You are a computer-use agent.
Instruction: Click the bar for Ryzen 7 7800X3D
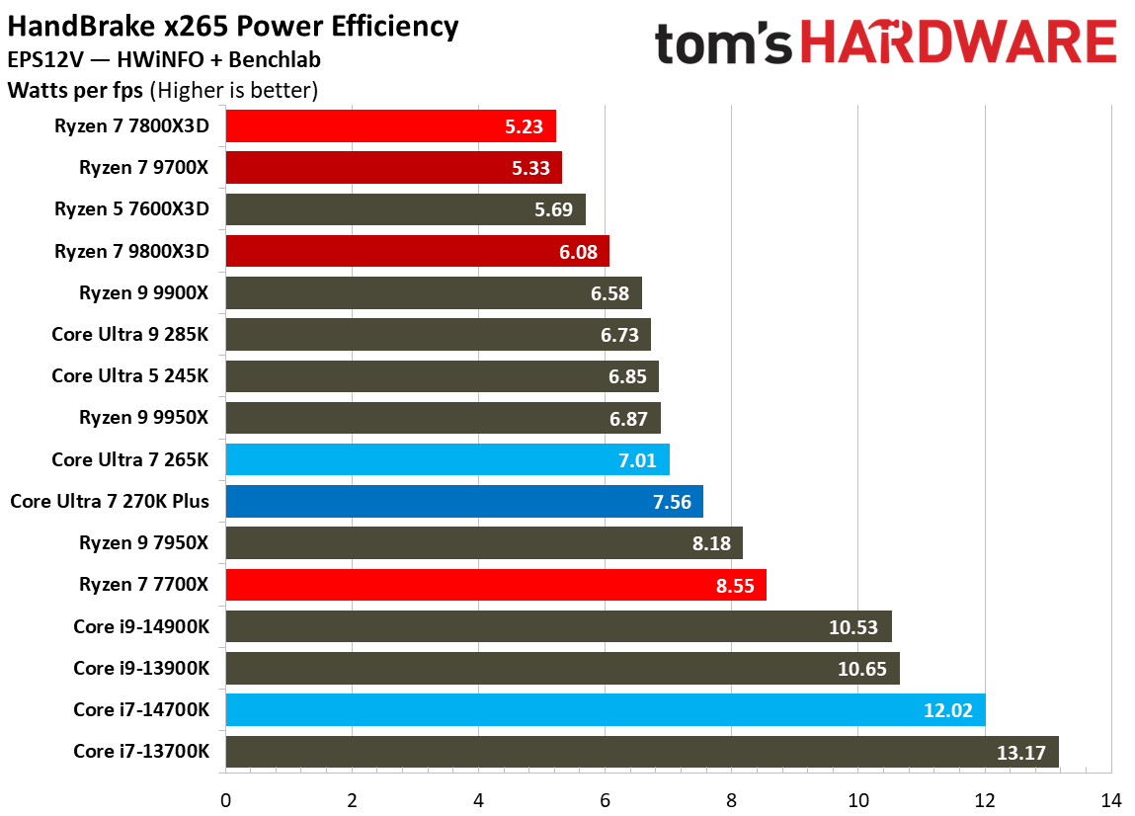[390, 126]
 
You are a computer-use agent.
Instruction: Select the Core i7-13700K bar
[642, 751]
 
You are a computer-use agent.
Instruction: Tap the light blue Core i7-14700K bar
[605, 709]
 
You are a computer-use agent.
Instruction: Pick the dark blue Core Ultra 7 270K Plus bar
[464, 501]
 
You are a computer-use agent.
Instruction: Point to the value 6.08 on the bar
[578, 252]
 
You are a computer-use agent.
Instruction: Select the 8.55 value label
[734, 585]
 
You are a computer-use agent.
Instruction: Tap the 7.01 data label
[638, 460]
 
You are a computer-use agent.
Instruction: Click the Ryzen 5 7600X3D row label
[133, 209]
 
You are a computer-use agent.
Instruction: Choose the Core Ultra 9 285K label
[130, 335]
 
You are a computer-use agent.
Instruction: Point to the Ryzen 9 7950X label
[144, 542]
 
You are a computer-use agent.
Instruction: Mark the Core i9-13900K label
[141, 668]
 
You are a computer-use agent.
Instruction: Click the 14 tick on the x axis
[1111, 798]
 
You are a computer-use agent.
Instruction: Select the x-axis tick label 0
[225, 798]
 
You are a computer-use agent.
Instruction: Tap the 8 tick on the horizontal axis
[731, 798]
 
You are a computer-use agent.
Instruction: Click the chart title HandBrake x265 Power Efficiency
[233, 26]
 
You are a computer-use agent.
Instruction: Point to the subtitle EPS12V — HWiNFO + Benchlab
[163, 60]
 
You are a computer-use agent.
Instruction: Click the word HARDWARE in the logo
[958, 44]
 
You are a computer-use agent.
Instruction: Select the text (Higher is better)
[233, 91]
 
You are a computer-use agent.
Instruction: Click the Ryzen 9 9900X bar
[433, 293]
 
